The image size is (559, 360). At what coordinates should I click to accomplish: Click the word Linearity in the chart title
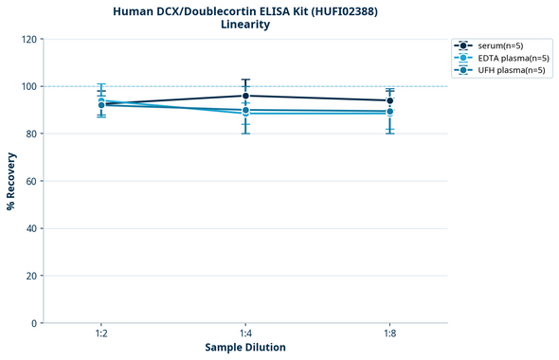pyautogui.click(x=245, y=25)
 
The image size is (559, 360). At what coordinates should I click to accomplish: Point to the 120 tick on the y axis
pyautogui.click(x=28, y=40)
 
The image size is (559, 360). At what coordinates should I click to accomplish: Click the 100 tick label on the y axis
pyautogui.click(x=28, y=87)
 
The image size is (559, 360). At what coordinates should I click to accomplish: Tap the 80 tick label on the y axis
pyautogui.click(x=31, y=135)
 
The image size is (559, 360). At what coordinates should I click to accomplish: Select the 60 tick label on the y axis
pyautogui.click(x=31, y=181)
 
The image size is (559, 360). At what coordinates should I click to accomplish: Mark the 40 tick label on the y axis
pyautogui.click(x=31, y=228)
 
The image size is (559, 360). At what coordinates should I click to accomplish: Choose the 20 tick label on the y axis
pyautogui.click(x=31, y=276)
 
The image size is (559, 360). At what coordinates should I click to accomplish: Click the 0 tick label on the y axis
pyautogui.click(x=34, y=323)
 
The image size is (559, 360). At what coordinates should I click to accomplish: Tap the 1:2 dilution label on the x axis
pyautogui.click(x=101, y=334)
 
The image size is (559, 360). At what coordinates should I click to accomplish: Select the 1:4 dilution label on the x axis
pyautogui.click(x=245, y=334)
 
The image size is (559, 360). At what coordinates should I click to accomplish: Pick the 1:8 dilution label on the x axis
pyautogui.click(x=389, y=334)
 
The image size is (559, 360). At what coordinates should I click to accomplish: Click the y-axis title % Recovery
pyautogui.click(x=11, y=181)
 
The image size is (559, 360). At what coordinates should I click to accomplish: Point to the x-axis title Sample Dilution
pyautogui.click(x=245, y=348)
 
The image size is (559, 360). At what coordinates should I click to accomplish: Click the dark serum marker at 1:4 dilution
pyautogui.click(x=245, y=96)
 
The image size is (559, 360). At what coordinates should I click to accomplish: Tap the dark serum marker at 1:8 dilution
pyautogui.click(x=389, y=100)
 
